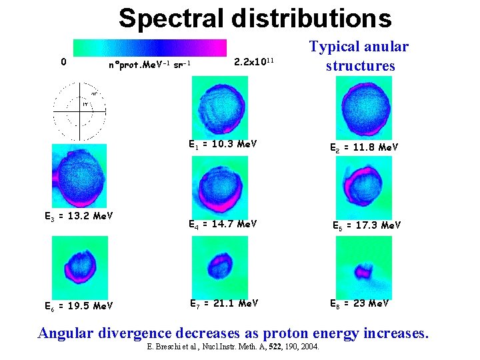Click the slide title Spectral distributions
[255, 18]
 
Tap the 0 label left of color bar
[63, 62]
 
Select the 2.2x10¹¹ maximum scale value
[254, 62]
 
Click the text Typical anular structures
[359, 56]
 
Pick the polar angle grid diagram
[80, 113]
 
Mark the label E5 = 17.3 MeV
[367, 225]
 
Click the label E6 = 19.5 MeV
[78, 305]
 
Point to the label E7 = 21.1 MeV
[224, 304]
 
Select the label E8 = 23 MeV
[360, 304]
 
